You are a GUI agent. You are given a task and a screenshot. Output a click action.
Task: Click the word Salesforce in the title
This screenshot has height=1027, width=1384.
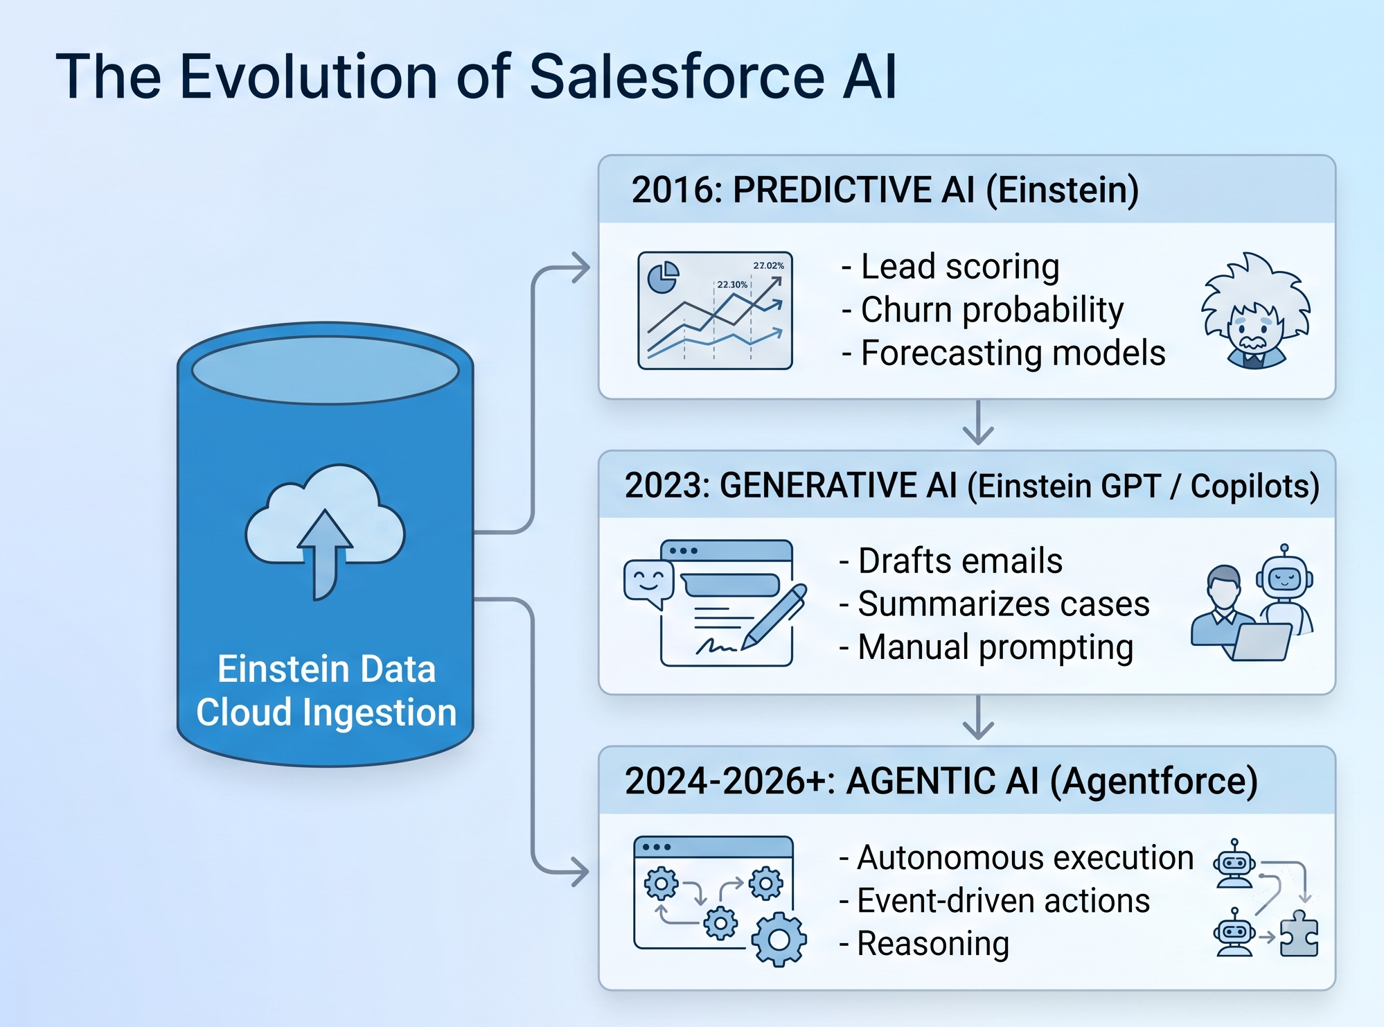[x=677, y=76]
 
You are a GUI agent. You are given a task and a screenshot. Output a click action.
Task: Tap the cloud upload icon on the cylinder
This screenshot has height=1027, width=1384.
[x=325, y=531]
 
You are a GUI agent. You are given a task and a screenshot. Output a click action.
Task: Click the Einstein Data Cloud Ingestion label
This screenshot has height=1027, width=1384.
[x=326, y=691]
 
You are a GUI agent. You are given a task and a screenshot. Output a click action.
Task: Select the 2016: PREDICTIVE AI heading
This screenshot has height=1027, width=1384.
[x=885, y=190]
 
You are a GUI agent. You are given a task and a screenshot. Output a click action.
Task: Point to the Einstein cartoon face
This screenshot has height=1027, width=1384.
[x=1255, y=311]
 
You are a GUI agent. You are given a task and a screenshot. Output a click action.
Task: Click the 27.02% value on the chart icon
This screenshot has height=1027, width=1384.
[x=769, y=265]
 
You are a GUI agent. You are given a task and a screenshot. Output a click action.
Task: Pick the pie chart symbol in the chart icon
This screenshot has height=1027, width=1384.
[x=663, y=278]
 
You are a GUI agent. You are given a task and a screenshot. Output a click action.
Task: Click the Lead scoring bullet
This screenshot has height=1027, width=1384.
[x=950, y=267]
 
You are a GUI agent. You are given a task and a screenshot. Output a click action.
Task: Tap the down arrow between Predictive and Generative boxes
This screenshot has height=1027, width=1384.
[x=978, y=422]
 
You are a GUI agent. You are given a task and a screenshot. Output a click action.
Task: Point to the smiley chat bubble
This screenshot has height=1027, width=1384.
[x=648, y=584]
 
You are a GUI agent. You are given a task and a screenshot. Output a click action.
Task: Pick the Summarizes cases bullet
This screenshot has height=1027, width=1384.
[x=995, y=604]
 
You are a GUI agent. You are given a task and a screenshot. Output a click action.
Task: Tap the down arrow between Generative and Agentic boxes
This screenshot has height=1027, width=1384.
[x=978, y=717]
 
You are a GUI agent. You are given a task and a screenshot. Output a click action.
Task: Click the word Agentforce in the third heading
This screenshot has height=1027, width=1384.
[x=1153, y=782]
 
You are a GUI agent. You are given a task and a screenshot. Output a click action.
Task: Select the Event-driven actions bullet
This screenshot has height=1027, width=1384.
[x=995, y=901]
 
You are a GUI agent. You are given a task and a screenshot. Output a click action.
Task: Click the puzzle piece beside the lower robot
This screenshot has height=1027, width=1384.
[x=1299, y=934]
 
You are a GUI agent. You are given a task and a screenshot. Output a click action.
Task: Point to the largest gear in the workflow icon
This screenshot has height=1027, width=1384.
[x=779, y=940]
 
